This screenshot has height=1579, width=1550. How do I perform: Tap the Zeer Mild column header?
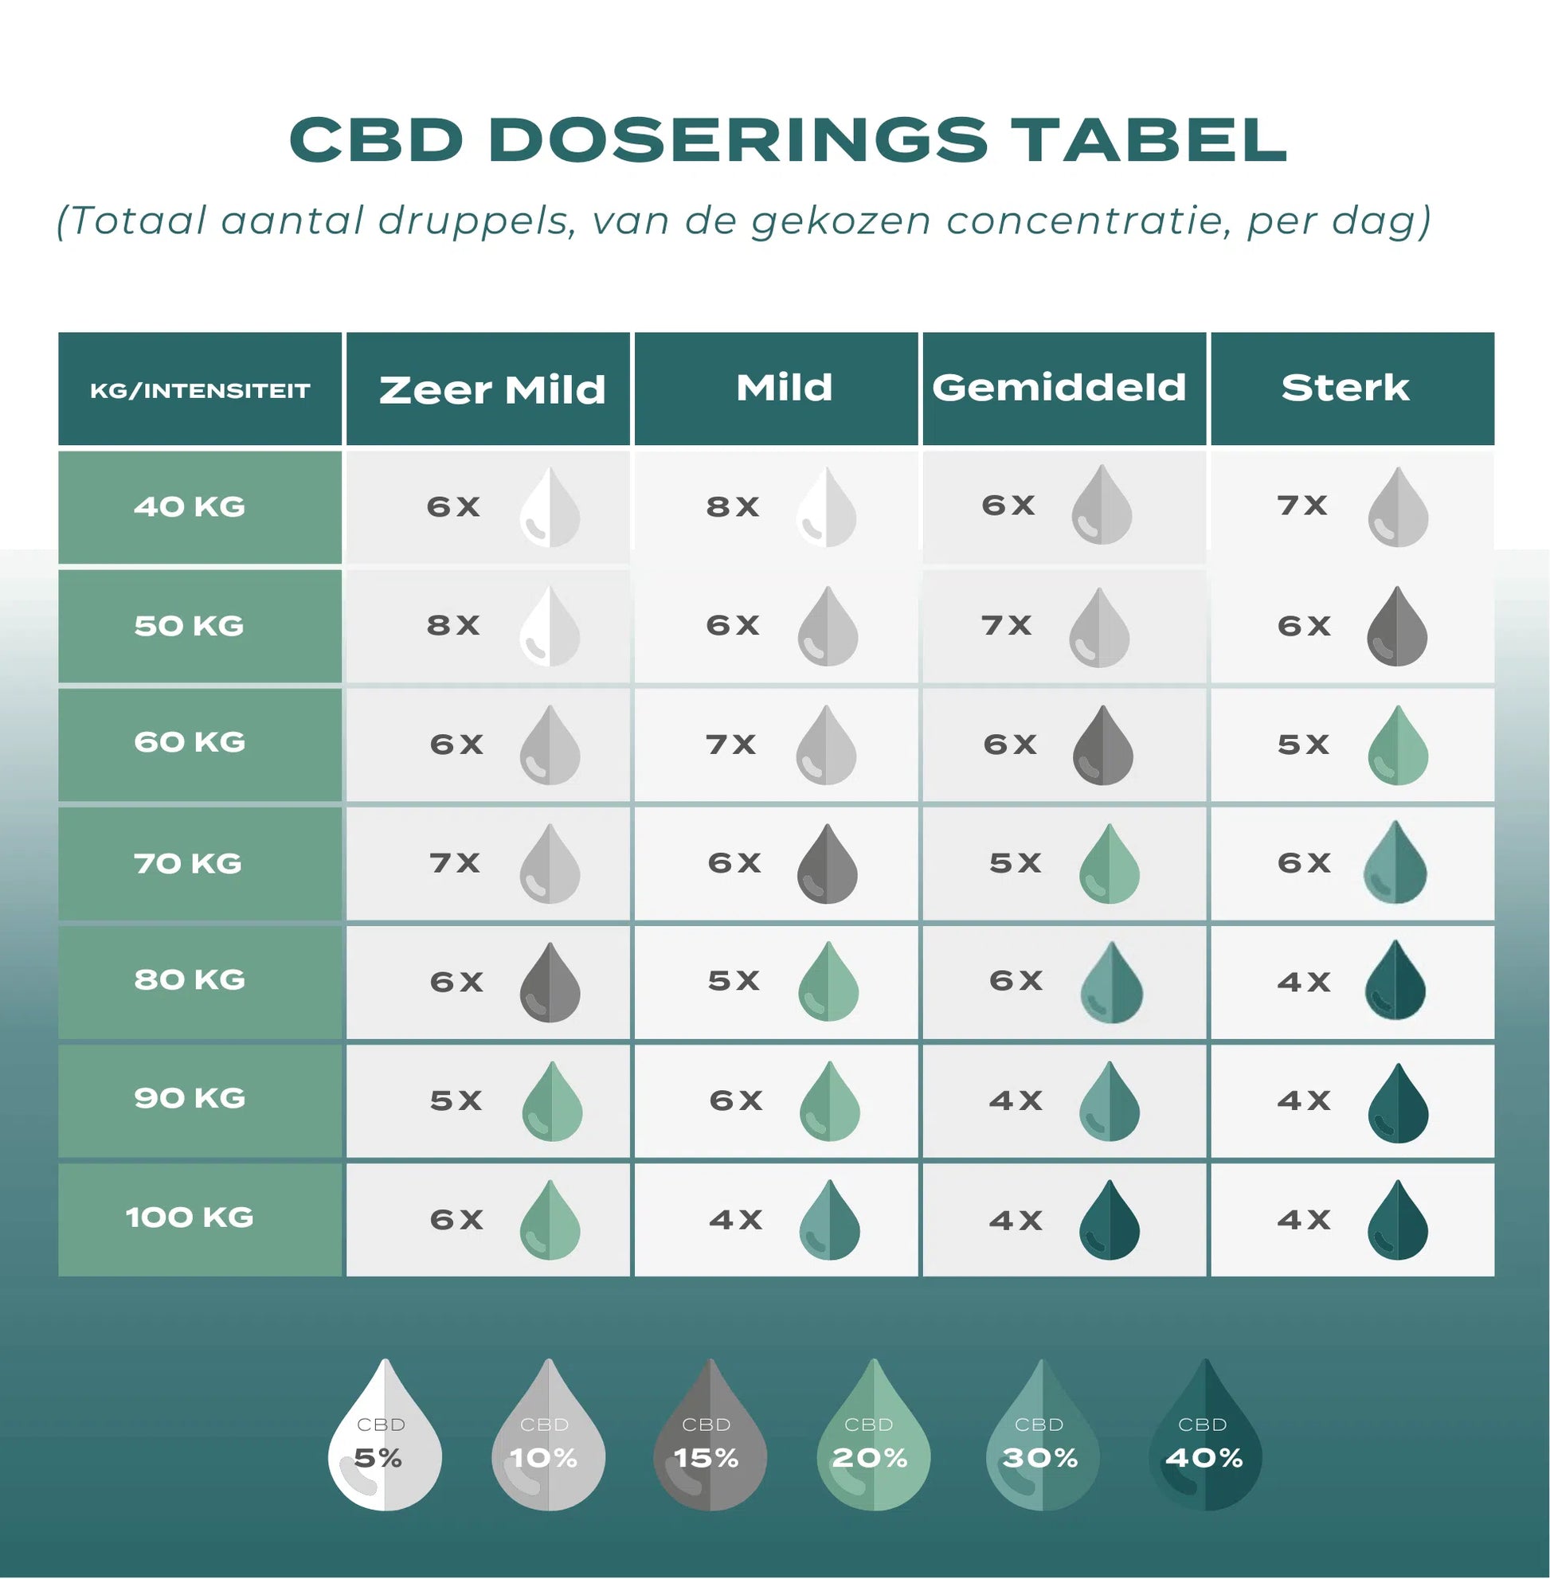click(x=491, y=390)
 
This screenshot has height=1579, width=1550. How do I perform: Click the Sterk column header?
click(x=1345, y=388)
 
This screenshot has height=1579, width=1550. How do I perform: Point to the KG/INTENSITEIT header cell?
click(x=199, y=391)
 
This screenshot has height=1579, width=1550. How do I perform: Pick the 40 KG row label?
click(x=190, y=507)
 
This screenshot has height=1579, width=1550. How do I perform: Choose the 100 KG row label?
click(x=190, y=1217)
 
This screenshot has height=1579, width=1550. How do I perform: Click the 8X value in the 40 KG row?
click(x=733, y=507)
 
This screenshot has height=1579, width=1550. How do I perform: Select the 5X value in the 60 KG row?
click(x=1302, y=745)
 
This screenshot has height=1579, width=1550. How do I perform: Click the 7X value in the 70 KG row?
click(x=454, y=862)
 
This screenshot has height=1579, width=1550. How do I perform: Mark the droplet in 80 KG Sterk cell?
click(x=1395, y=981)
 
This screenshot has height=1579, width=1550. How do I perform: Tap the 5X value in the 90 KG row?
click(x=456, y=1100)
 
